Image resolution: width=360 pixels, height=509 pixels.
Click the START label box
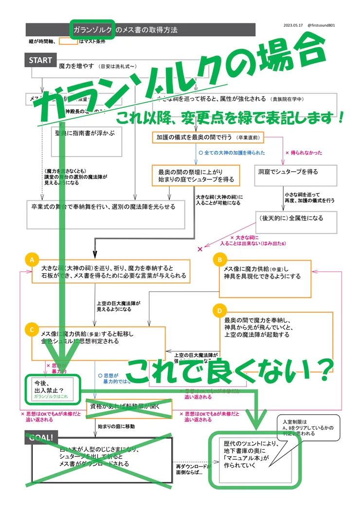(40, 60)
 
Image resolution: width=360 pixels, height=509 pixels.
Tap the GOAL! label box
(42, 438)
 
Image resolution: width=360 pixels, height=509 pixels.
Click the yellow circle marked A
(32, 261)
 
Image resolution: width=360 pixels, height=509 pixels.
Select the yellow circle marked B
(219, 260)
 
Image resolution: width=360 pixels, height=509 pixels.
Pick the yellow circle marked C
(32, 330)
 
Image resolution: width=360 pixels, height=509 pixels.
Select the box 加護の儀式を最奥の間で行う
(208, 138)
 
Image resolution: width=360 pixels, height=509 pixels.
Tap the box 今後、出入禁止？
(51, 387)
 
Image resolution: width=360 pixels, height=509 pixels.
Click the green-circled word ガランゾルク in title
(92, 30)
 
